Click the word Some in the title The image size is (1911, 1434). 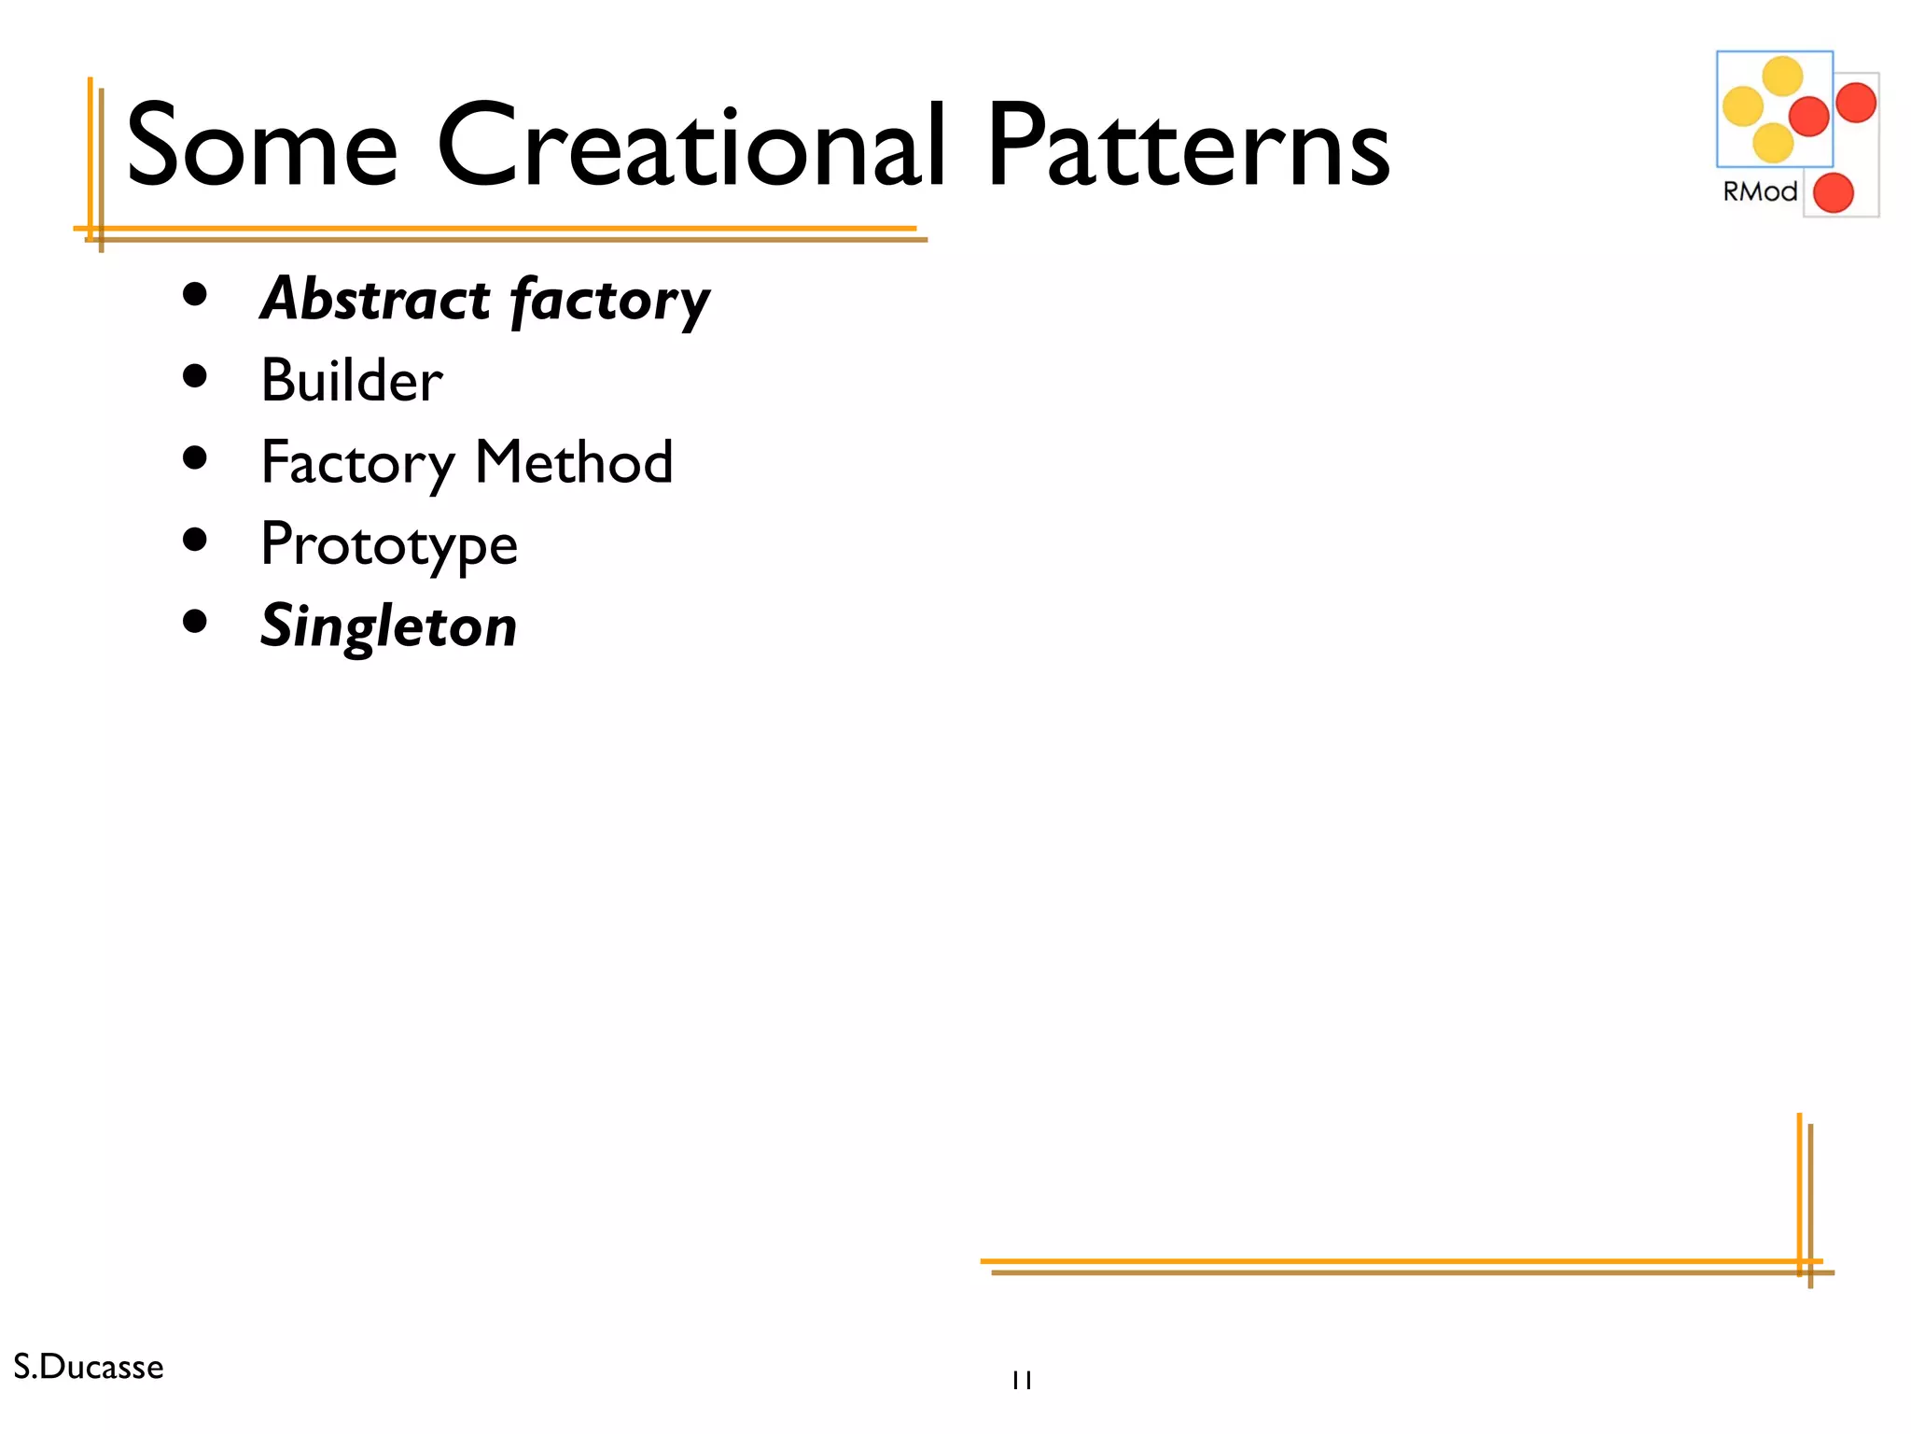coord(261,148)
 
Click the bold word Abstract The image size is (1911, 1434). coord(375,299)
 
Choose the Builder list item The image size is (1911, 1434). coord(352,381)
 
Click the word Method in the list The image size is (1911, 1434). coord(574,462)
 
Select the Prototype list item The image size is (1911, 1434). coord(389,545)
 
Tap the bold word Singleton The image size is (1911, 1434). coord(388,626)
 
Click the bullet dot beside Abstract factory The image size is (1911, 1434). coord(195,296)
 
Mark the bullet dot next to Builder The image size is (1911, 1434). coord(195,376)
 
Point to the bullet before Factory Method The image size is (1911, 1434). coord(195,457)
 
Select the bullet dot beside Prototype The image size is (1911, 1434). coord(195,540)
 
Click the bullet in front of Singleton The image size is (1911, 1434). coord(195,622)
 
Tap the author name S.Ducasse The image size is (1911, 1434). coord(89,1367)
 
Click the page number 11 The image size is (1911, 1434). coord(1022,1380)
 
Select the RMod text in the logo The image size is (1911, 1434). coord(1759,191)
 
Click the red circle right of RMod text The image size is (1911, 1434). coord(1833,193)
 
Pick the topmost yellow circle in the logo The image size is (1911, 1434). coord(1782,77)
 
